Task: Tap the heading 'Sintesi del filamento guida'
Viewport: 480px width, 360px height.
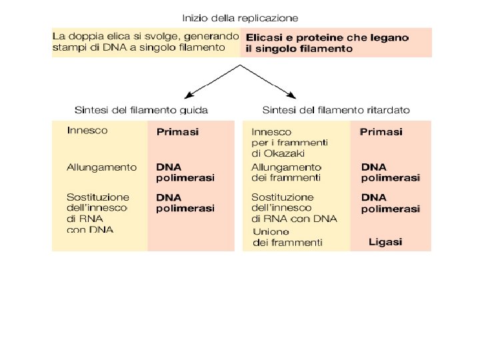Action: (x=141, y=109)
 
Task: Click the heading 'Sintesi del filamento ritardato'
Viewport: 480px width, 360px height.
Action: (x=336, y=109)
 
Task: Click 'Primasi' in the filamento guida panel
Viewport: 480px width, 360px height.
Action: (x=177, y=132)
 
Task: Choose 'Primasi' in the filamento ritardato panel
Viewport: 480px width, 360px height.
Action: (x=381, y=132)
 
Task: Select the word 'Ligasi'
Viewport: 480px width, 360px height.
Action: (x=385, y=242)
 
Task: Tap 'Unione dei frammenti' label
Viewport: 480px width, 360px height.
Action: (x=287, y=237)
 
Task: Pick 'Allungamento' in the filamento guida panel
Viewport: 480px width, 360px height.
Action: (x=101, y=167)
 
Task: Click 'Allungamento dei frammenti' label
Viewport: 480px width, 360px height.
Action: (x=286, y=172)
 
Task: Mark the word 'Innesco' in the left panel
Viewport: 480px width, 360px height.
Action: (x=87, y=131)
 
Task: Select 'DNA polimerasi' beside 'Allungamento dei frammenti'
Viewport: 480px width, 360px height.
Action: (x=390, y=172)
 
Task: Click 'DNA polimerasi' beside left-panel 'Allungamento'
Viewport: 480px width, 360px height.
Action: (x=185, y=172)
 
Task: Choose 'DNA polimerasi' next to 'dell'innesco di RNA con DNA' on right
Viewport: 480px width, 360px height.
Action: (x=390, y=203)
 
